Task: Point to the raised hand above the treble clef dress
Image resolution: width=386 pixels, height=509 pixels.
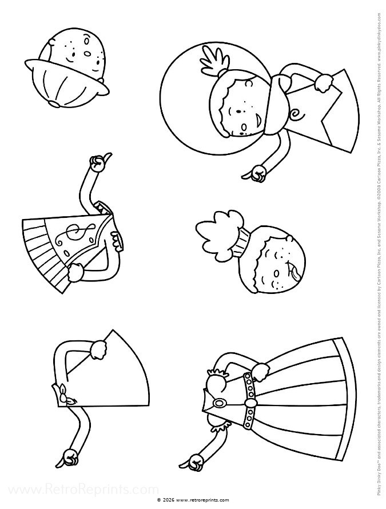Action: (98, 164)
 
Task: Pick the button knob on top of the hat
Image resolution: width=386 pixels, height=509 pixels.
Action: (53, 104)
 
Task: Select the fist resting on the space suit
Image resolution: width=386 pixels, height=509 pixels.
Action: (323, 83)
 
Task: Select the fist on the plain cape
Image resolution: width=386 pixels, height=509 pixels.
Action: (98, 348)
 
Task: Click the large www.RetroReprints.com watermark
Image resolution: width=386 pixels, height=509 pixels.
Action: (80, 490)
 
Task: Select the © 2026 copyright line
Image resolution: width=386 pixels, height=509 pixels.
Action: (193, 499)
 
